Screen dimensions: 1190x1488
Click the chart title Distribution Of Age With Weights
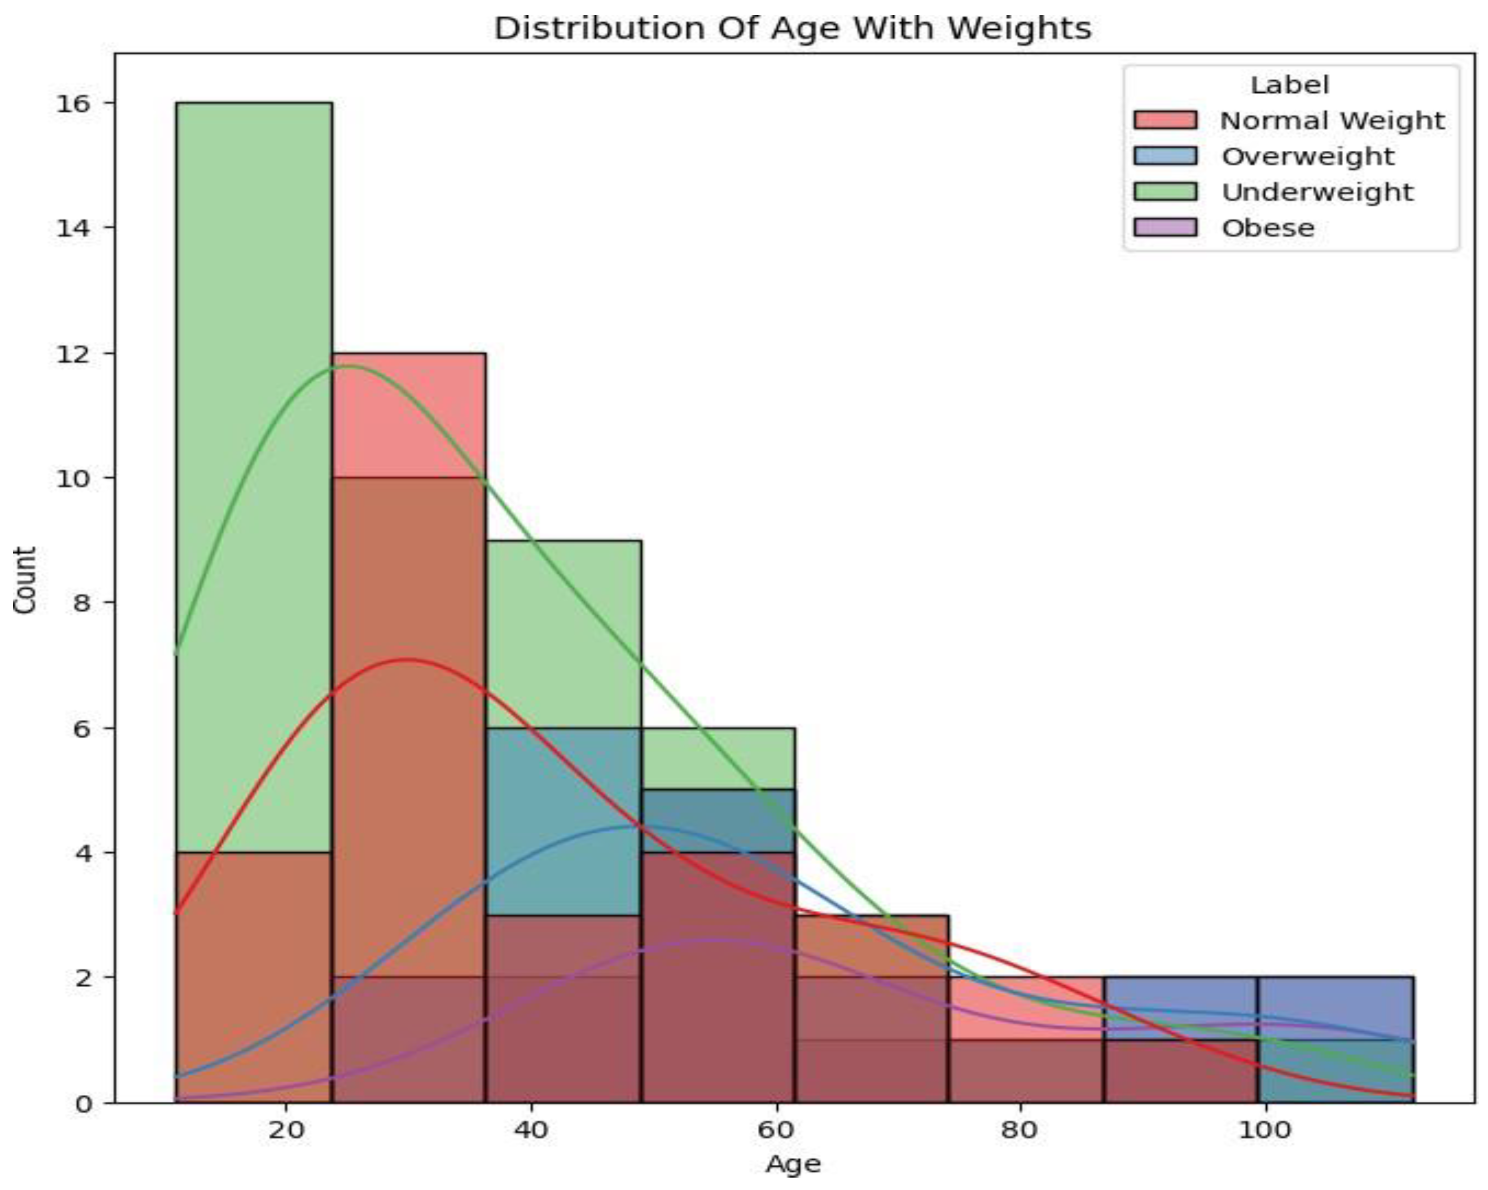coord(792,28)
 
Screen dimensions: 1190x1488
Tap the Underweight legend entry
coord(1317,192)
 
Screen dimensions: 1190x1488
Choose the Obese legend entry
coord(1268,228)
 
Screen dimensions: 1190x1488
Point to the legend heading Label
coord(1289,85)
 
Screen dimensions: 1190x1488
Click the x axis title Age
coord(793,1165)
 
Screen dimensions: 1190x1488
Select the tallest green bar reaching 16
coord(253,414)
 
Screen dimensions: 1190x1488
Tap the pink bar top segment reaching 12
coord(408,414)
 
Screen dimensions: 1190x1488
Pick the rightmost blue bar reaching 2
coord(1335,1007)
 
